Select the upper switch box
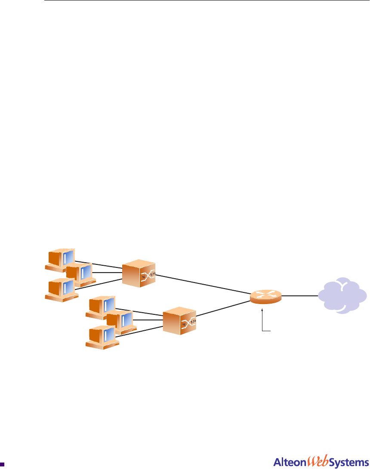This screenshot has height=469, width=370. click(x=138, y=273)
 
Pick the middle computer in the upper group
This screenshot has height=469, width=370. click(x=80, y=274)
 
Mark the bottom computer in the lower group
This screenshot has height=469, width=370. click(x=101, y=336)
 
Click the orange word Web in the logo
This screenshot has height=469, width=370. click(x=318, y=461)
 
